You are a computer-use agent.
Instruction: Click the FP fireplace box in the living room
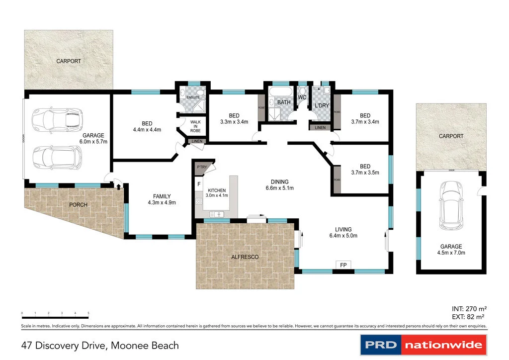(343, 265)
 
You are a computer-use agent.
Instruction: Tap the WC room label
(302, 97)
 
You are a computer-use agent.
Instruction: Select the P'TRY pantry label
(202, 168)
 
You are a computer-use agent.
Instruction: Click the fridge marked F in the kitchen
(199, 184)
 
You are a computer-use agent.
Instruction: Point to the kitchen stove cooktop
(199, 201)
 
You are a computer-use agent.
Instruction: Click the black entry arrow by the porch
(119, 186)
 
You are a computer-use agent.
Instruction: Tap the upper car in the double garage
(56, 119)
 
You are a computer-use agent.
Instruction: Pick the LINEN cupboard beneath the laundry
(320, 128)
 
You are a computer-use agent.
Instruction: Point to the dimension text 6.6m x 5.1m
(280, 188)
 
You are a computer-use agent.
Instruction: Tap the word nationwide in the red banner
(443, 345)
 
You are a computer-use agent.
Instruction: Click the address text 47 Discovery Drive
(64, 345)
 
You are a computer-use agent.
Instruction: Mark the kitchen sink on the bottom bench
(217, 214)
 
